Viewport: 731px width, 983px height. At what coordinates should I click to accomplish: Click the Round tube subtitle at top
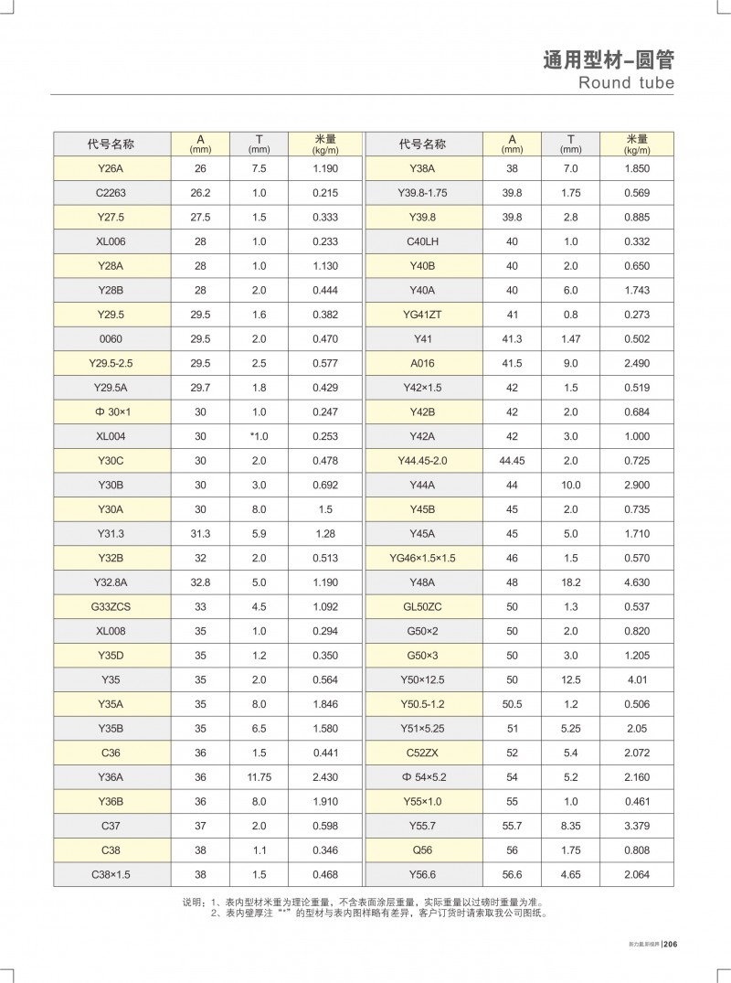pos(626,83)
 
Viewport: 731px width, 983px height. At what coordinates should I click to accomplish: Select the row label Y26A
pos(115,169)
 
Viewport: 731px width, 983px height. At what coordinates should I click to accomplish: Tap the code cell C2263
pos(115,193)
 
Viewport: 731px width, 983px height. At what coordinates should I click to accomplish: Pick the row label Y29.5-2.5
pos(115,363)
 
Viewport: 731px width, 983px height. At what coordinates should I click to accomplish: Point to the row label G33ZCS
pos(115,606)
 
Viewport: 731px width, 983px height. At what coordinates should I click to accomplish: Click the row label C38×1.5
pos(115,874)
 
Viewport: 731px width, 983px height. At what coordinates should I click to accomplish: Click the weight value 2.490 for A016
pos(636,363)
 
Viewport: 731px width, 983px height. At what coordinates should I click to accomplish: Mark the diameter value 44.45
pos(512,461)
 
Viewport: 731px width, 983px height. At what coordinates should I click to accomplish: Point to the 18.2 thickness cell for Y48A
pos(570,582)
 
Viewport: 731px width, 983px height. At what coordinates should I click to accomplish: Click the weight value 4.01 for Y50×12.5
pos(636,679)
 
